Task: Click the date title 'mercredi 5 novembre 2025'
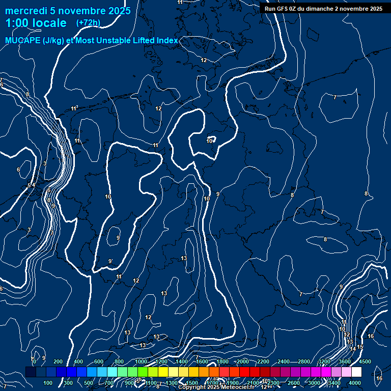[68, 11]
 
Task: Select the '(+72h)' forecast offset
[88, 23]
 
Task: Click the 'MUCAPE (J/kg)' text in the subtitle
[35, 41]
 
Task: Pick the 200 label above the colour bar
[58, 361]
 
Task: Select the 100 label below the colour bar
[48, 383]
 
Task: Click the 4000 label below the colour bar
[355, 383]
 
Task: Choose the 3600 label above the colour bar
[345, 361]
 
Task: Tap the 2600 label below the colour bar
[294, 383]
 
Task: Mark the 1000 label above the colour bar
[141, 361]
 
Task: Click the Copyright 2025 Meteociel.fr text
[216, 387]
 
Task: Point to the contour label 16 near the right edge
[371, 336]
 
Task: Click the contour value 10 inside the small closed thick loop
[209, 141]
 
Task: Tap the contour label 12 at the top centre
[204, 60]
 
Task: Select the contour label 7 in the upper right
[334, 97]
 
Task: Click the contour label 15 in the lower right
[360, 347]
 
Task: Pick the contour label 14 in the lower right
[353, 349]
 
